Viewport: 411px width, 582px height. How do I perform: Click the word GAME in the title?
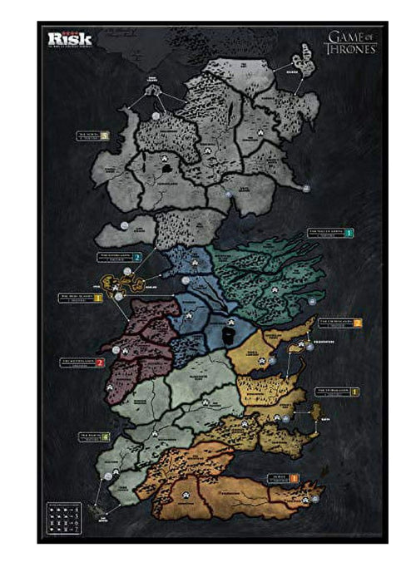(x=338, y=37)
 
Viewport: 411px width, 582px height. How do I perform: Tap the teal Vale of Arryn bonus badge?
(x=349, y=234)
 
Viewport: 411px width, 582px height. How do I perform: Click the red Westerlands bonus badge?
(x=99, y=363)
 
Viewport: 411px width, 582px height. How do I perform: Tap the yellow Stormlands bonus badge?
(x=354, y=390)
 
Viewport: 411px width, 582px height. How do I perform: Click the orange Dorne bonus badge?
(x=295, y=477)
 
